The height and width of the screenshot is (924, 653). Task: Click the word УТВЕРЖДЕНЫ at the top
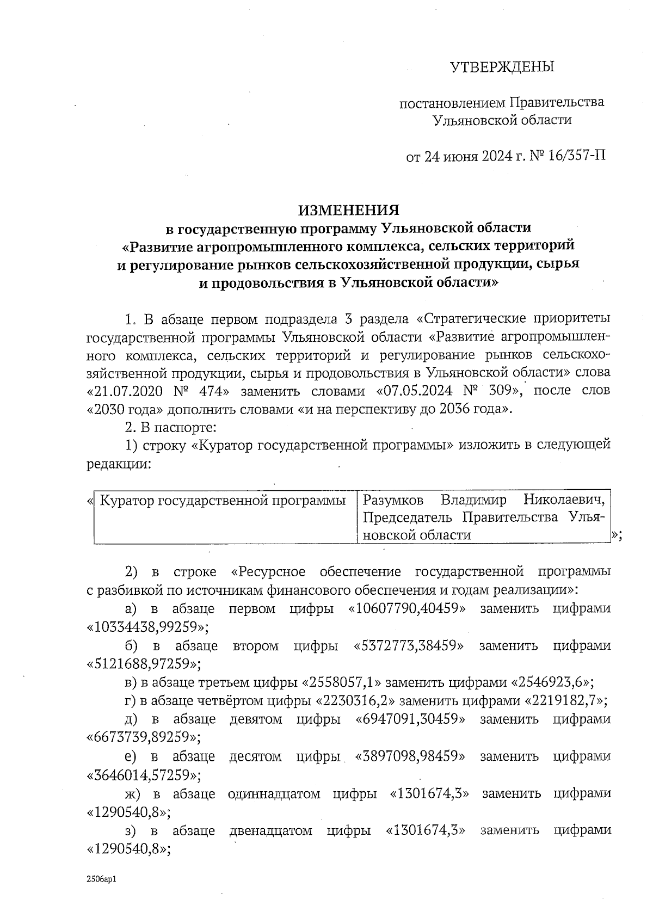(x=501, y=67)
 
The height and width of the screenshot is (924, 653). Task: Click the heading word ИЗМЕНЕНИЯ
(x=348, y=210)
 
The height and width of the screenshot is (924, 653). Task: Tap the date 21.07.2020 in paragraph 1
(x=130, y=391)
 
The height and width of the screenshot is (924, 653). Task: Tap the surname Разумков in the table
(x=395, y=500)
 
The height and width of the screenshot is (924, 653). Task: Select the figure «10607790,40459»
(x=407, y=608)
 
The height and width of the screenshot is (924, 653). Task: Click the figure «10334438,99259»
(x=147, y=627)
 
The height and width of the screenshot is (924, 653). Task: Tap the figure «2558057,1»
(x=337, y=682)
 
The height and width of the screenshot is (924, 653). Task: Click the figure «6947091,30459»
(x=411, y=719)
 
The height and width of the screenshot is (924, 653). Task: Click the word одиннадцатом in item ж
(x=274, y=793)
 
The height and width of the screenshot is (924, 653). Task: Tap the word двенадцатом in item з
(x=270, y=830)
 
